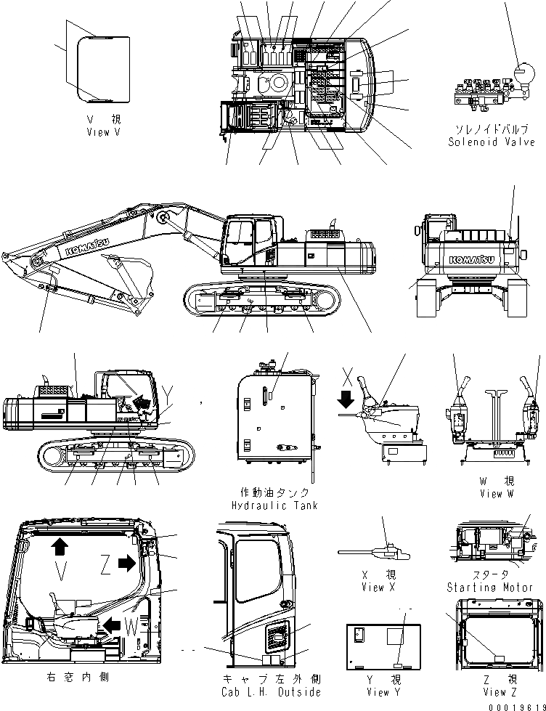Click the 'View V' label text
[x=98, y=132]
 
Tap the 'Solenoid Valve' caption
[x=491, y=142]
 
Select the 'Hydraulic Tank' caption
[x=274, y=505]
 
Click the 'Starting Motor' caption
[x=491, y=587]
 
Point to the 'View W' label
[x=497, y=493]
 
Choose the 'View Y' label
[x=378, y=692]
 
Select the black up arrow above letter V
[x=58, y=545]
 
